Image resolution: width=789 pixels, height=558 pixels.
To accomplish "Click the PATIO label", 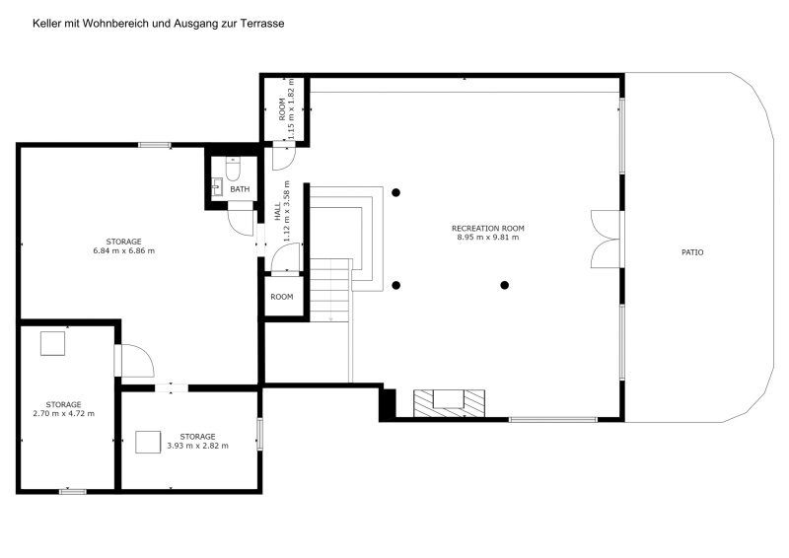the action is [692, 252].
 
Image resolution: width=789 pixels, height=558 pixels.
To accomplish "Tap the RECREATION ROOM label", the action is [487, 229].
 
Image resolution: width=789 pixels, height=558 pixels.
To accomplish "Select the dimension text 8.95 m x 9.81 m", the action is [487, 238].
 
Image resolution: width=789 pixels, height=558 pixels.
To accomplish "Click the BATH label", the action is [240, 189].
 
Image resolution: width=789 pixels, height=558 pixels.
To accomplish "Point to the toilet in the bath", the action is [233, 169].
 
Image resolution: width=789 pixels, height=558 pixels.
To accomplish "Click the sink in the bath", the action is [217, 187].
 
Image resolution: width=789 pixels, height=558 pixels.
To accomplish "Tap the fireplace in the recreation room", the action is [449, 403].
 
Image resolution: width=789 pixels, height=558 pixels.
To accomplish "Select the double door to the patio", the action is [606, 239].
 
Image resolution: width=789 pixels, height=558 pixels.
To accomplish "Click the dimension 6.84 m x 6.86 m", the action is [124, 250].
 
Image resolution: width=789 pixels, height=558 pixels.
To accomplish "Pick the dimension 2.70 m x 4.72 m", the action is [63, 414].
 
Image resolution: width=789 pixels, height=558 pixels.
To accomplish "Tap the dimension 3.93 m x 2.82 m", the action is [197, 446].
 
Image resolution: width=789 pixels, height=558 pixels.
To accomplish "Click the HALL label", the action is [278, 212].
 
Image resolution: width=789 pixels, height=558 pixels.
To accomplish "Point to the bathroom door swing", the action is [241, 220].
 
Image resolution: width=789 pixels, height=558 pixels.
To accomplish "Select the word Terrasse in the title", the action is [261, 23].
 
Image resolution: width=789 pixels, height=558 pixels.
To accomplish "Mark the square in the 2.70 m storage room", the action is [53, 344].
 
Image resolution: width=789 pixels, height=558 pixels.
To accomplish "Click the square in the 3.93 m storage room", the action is [148, 443].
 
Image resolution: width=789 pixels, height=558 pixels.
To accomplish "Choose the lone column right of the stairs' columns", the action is [505, 285].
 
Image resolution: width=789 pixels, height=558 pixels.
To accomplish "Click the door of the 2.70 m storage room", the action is [134, 361].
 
